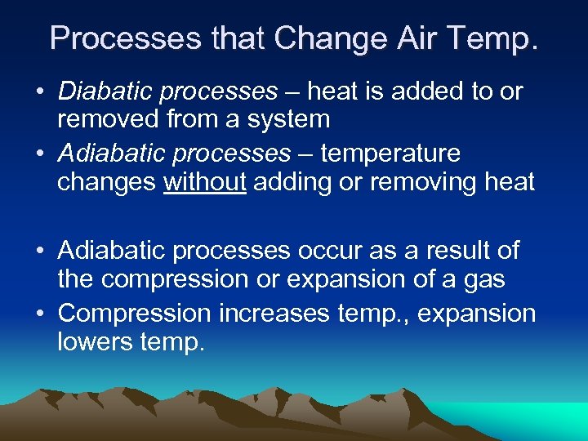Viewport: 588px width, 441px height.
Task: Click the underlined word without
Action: coord(205,181)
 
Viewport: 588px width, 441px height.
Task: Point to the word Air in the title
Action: coord(412,38)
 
